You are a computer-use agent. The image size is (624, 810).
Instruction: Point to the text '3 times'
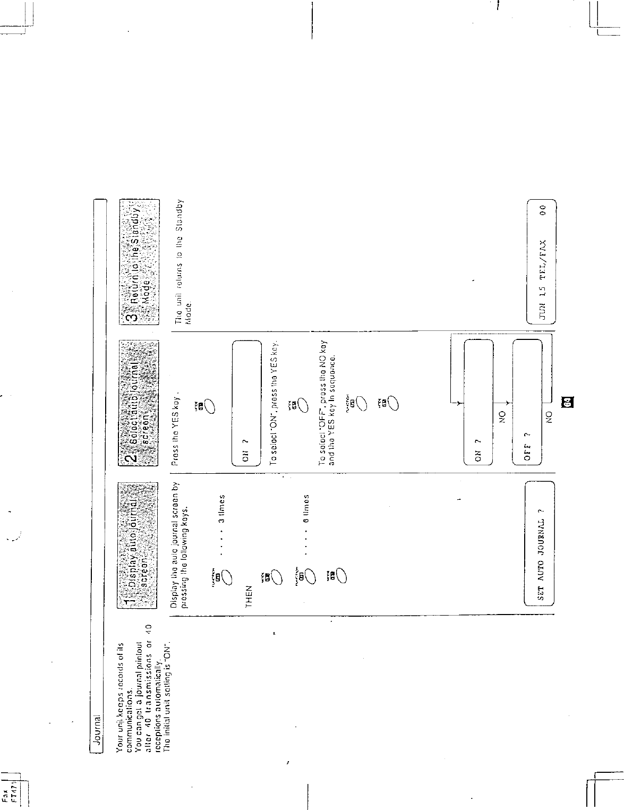pos(224,509)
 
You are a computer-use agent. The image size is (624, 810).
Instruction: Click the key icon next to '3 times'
pos(224,576)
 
